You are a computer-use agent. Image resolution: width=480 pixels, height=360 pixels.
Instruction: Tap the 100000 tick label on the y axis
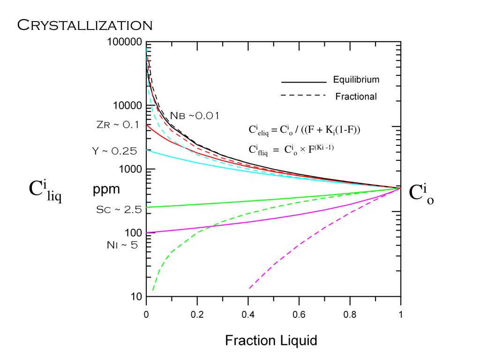124,42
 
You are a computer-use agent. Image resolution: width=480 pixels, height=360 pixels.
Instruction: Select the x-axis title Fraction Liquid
271,340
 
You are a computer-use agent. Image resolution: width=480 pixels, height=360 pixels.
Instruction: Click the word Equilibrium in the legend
356,80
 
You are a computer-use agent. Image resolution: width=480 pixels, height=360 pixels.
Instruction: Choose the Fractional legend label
356,97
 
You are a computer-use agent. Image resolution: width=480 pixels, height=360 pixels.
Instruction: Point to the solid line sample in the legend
303,82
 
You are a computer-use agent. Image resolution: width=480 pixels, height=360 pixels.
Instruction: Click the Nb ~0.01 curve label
194,116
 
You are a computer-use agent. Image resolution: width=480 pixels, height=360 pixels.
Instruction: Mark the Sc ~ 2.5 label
119,210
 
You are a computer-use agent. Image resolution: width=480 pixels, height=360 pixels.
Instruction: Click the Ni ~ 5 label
122,244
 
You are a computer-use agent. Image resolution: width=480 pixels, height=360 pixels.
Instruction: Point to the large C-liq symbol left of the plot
45,191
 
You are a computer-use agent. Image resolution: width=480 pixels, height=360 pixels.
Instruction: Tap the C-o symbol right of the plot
421,194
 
